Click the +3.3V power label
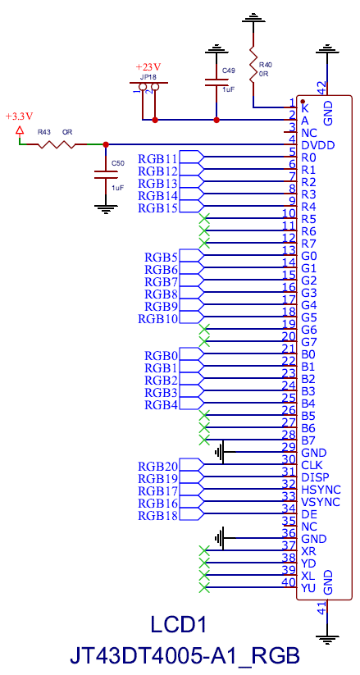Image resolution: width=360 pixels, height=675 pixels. pyautogui.click(x=19, y=116)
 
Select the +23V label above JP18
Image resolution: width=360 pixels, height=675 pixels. pyautogui.click(x=148, y=67)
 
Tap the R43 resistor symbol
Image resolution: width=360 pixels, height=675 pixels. pyautogui.click(x=57, y=144)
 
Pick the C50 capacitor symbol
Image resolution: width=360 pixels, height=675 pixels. pyautogui.click(x=106, y=175)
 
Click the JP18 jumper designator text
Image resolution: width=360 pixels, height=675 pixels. pyautogui.click(x=148, y=77)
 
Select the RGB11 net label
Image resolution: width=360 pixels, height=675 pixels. pyautogui.click(x=157, y=158)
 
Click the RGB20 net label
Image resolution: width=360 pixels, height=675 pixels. pyautogui.click(x=157, y=466)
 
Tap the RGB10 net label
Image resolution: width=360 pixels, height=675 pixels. pyautogui.click(x=157, y=319)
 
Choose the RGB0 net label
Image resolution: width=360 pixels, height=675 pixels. pyautogui.click(x=161, y=356)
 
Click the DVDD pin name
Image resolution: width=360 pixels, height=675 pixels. pyautogui.click(x=318, y=145)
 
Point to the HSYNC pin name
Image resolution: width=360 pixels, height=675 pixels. pyautogui.click(x=321, y=490)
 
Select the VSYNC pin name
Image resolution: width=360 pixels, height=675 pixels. pyautogui.click(x=321, y=502)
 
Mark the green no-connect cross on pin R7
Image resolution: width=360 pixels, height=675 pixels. pyautogui.click(x=204, y=244)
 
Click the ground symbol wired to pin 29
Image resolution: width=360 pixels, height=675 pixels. pyautogui.click(x=221, y=452)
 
